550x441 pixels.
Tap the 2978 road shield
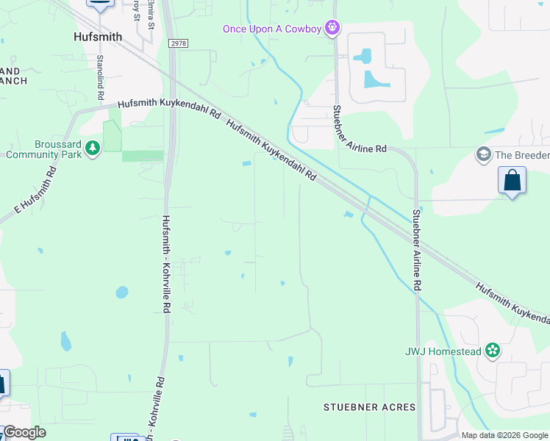pos(177,43)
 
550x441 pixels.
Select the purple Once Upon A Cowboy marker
pos(332,28)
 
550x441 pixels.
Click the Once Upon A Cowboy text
pos(273,29)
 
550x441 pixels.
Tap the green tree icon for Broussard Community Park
pos(93,149)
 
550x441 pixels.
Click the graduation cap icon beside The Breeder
pos(483,154)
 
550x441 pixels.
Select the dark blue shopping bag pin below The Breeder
pos(512,180)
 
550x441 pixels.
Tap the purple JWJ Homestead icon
pos(492,351)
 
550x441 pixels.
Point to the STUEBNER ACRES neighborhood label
pos(370,406)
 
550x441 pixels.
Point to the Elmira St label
pos(151,15)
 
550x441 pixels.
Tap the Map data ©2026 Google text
pos(504,435)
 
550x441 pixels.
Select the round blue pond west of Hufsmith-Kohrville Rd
pos(122,292)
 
